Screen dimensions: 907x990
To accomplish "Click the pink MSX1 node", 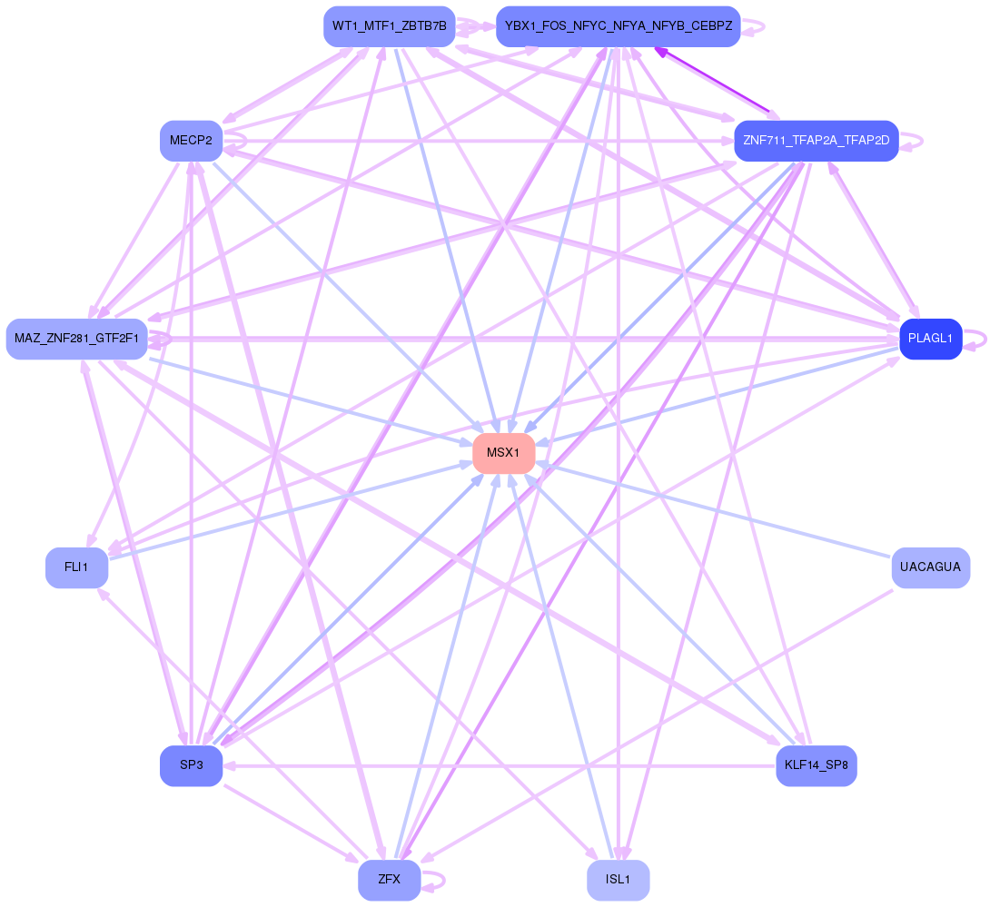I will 503,453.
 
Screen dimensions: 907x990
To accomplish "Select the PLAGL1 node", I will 930,339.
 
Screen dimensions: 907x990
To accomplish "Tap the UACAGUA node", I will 930,567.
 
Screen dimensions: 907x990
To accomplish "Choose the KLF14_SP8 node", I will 816,765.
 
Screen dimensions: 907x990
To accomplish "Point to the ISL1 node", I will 618,880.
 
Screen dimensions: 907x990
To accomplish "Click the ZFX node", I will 389,880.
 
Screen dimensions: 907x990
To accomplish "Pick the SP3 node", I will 191,765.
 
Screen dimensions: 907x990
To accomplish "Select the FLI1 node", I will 76,567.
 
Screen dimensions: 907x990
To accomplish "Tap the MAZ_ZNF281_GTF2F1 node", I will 76,339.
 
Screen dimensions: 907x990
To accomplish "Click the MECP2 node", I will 191,141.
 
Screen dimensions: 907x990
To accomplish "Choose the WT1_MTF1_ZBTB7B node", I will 389,26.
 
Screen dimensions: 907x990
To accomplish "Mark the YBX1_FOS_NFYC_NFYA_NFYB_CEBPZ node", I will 618,26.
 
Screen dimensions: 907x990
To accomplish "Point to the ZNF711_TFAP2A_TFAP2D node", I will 816,141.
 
